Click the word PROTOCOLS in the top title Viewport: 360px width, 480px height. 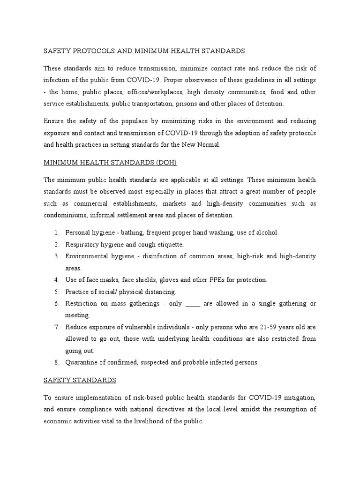(92, 50)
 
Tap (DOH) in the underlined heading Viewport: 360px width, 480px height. (162, 162)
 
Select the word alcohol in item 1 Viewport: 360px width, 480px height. (267, 232)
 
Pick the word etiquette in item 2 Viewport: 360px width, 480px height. (167, 245)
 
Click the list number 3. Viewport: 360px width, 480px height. (56, 256)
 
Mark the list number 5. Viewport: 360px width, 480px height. (56, 292)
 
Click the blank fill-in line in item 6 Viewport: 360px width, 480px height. (193, 304)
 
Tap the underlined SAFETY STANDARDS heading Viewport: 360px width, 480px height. (80, 380)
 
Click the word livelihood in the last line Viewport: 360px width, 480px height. (138, 421)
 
